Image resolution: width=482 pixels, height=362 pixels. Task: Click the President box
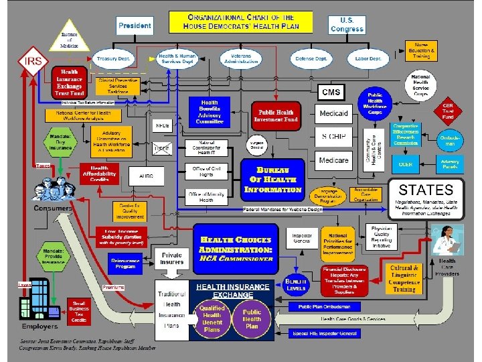click(137, 25)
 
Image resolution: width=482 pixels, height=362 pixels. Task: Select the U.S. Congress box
click(347, 24)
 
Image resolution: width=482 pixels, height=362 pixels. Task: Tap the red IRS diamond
click(32, 62)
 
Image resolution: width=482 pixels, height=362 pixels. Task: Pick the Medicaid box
click(333, 114)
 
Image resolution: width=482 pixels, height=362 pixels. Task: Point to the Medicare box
click(333, 161)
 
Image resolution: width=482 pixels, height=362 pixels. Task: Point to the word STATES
click(426, 189)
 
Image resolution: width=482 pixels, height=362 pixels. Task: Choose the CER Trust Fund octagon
click(448, 111)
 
